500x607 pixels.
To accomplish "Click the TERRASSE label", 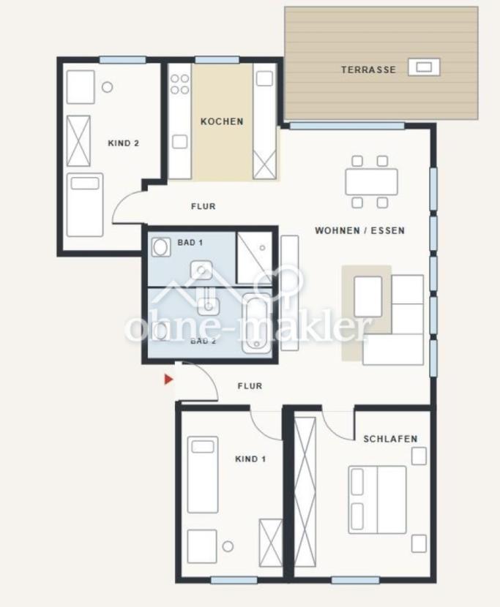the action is (368, 69).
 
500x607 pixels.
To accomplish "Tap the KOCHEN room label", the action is (222, 121).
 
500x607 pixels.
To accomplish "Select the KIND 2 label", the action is (123, 143).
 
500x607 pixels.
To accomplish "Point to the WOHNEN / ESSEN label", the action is (359, 230).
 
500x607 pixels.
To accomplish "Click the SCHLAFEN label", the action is (390, 439).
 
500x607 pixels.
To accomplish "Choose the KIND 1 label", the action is (250, 459).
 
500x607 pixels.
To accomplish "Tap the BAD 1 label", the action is (190, 243).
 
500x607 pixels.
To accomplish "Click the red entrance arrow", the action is (168, 380).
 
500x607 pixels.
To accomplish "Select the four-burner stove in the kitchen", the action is (180, 84).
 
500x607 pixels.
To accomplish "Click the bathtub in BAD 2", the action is (256, 324).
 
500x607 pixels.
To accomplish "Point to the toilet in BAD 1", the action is (161, 247).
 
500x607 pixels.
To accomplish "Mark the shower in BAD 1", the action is (254, 258).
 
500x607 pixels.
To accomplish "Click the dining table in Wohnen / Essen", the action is (371, 182).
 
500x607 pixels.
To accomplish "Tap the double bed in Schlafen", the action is (377, 499).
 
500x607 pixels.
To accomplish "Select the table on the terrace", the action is (424, 67).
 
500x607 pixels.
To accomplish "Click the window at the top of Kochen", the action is (217, 60).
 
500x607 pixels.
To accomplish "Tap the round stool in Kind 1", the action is (228, 546).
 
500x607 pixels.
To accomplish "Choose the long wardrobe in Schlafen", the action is (305, 491).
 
